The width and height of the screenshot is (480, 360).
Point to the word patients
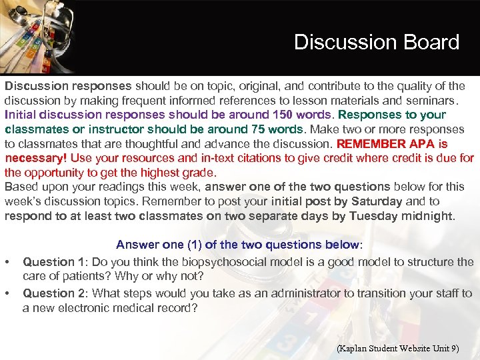click(x=78, y=276)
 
